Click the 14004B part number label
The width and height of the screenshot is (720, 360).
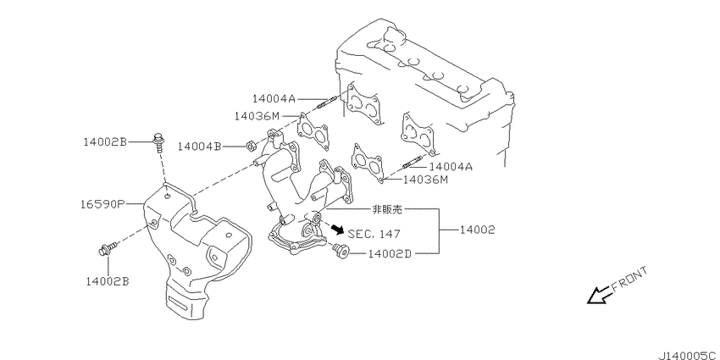coord(200,147)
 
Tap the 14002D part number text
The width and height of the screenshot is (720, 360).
coord(390,253)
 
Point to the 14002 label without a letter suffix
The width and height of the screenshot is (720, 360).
coord(478,230)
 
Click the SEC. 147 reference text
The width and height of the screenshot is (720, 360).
coord(374,234)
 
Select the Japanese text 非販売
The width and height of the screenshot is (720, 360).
coord(387,210)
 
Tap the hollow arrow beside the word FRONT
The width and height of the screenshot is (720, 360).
coord(600,296)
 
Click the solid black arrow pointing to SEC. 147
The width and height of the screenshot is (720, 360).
coord(337,229)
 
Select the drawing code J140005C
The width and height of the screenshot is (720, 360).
coord(689,356)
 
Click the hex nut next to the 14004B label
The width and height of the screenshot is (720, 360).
coord(250,147)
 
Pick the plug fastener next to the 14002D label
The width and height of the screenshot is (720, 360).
coord(341,250)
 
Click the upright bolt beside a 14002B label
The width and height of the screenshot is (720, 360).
coord(158,141)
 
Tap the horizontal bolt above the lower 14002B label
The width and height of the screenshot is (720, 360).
coord(108,249)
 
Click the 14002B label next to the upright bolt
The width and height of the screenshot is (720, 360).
coord(105,142)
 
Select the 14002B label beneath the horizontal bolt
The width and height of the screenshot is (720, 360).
coord(108,281)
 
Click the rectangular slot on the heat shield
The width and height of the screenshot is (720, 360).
coord(179,303)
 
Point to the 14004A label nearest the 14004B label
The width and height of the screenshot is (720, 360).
coord(274,98)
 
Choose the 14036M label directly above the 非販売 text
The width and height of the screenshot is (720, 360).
coord(425,180)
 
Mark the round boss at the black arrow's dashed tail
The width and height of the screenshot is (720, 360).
coord(316,217)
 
